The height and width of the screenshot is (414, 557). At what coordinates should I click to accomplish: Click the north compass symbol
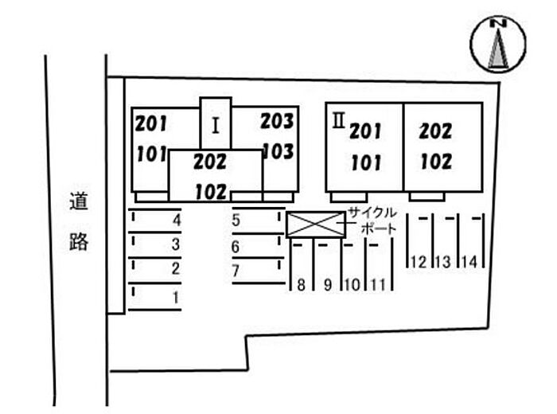coord(498,44)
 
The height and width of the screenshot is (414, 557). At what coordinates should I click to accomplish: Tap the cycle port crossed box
coord(316,225)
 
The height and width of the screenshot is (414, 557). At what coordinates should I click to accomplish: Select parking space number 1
coord(155,297)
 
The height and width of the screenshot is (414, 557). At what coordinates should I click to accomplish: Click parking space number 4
coord(155,221)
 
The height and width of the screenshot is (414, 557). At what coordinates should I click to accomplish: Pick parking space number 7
coord(259,271)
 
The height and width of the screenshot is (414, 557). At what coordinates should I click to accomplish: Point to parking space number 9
coord(328,265)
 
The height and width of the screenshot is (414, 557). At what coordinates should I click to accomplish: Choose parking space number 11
coord(379,265)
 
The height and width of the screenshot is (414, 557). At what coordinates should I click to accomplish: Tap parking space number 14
coord(471,241)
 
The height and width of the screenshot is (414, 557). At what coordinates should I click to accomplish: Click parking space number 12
coord(419,241)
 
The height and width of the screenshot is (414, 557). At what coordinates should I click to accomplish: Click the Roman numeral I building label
coord(216,126)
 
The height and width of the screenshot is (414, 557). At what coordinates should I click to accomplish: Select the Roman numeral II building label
coord(338,121)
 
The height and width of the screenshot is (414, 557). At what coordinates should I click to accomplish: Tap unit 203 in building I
coord(278,121)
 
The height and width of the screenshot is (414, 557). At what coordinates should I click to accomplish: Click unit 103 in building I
coord(278,152)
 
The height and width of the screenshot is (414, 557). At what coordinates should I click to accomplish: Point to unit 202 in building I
coord(210,162)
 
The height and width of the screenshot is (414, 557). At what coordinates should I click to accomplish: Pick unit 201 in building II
coord(365,131)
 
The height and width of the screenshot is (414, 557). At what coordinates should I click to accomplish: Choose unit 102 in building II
coord(437,162)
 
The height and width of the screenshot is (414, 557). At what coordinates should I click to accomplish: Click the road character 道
coord(79,201)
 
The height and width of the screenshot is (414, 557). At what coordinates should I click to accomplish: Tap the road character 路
coord(79,242)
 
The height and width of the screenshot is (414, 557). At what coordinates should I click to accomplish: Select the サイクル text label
coord(372,213)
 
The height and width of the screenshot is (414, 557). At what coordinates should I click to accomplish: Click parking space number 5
coord(259,221)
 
